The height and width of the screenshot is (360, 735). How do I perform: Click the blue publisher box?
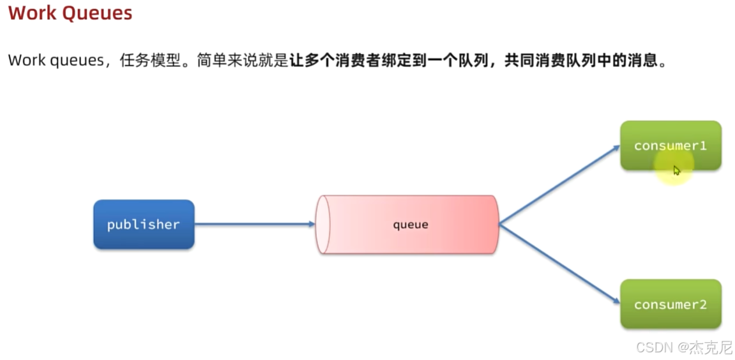click(143, 224)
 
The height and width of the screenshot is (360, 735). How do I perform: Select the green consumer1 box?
click(671, 146)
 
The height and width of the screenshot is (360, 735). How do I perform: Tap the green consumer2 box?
click(671, 304)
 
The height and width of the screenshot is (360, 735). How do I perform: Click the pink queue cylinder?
click(409, 225)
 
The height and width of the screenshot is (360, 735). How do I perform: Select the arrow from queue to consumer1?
click(559, 184)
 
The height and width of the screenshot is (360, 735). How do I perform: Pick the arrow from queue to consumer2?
click(559, 264)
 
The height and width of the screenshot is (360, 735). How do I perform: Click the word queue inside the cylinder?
click(410, 225)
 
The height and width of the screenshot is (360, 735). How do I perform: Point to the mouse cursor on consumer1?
click(676, 170)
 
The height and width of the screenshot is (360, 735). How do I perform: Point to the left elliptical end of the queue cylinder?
click(322, 225)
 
